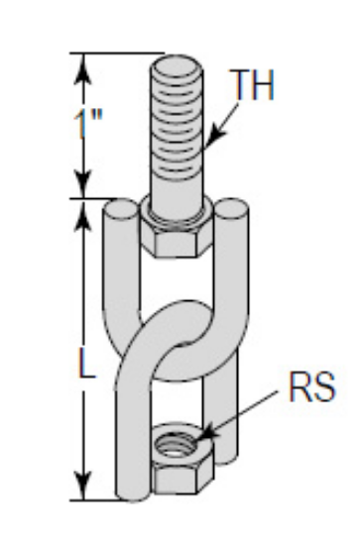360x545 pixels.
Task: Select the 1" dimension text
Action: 89,126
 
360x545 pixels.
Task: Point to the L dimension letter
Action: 86,365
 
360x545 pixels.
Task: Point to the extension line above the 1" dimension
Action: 114,54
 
